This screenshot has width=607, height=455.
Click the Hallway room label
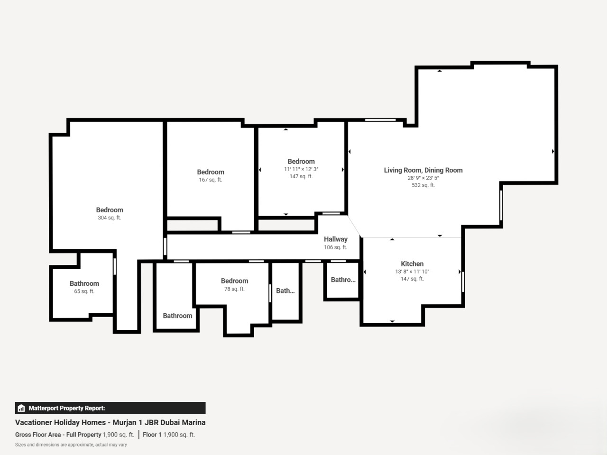click(335, 239)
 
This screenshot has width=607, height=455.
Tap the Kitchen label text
click(412, 264)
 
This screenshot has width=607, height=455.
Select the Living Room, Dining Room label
click(423, 170)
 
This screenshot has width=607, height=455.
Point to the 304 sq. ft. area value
click(109, 218)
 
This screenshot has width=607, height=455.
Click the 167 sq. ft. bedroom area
click(211, 180)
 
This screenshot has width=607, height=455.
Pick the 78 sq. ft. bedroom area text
click(234, 289)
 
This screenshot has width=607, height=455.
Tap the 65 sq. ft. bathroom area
click(84, 291)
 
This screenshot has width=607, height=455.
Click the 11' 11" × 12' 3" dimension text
click(301, 169)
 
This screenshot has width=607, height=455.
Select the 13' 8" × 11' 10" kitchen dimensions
click(412, 272)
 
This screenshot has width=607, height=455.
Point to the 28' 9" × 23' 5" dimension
click(423, 178)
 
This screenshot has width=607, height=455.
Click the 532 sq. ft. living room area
click(423, 185)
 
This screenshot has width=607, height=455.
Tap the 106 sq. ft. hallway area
click(335, 247)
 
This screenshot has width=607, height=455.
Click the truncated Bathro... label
click(343, 280)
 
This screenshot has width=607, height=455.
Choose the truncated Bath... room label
click(285, 291)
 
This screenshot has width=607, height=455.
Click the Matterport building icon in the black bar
click(21, 408)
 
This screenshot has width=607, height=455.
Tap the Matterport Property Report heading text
click(67, 408)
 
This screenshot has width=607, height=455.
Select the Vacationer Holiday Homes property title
click(110, 422)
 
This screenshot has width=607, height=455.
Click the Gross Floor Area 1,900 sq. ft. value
click(119, 435)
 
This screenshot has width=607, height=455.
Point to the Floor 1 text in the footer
click(152, 435)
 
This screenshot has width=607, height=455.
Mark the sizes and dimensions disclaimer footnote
click(71, 445)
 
